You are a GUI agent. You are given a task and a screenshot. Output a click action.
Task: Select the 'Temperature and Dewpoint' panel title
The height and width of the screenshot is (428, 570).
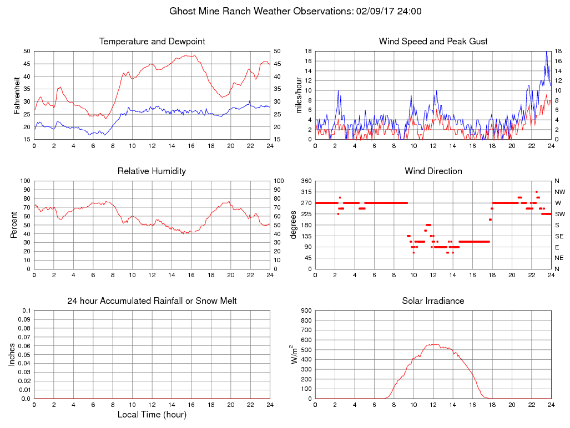point(152,42)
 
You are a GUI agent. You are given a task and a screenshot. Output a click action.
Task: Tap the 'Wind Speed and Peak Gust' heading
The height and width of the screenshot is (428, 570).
point(433,42)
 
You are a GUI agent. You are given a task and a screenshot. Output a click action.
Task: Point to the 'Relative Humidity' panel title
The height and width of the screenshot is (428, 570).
point(152,171)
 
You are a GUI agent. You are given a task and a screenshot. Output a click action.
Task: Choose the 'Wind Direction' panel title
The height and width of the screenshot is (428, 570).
point(433,171)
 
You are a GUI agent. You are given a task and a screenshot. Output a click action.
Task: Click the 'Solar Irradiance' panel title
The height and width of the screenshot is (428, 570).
point(433,301)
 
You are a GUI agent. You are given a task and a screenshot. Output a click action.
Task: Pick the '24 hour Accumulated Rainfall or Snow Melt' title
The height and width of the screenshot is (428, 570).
point(152,301)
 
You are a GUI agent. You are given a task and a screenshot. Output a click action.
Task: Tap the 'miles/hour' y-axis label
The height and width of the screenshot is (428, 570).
point(298,95)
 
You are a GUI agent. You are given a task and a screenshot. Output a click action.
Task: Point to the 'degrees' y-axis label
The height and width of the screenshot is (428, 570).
point(294,225)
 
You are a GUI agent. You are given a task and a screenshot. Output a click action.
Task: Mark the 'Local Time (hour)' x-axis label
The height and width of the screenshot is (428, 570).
point(152,415)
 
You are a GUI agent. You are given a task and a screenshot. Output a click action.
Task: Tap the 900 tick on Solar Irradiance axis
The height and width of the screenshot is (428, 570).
point(306,310)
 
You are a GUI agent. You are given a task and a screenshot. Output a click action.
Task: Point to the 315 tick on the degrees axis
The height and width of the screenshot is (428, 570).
point(306,192)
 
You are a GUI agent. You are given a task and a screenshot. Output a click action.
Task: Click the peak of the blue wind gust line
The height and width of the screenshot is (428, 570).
point(547,52)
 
